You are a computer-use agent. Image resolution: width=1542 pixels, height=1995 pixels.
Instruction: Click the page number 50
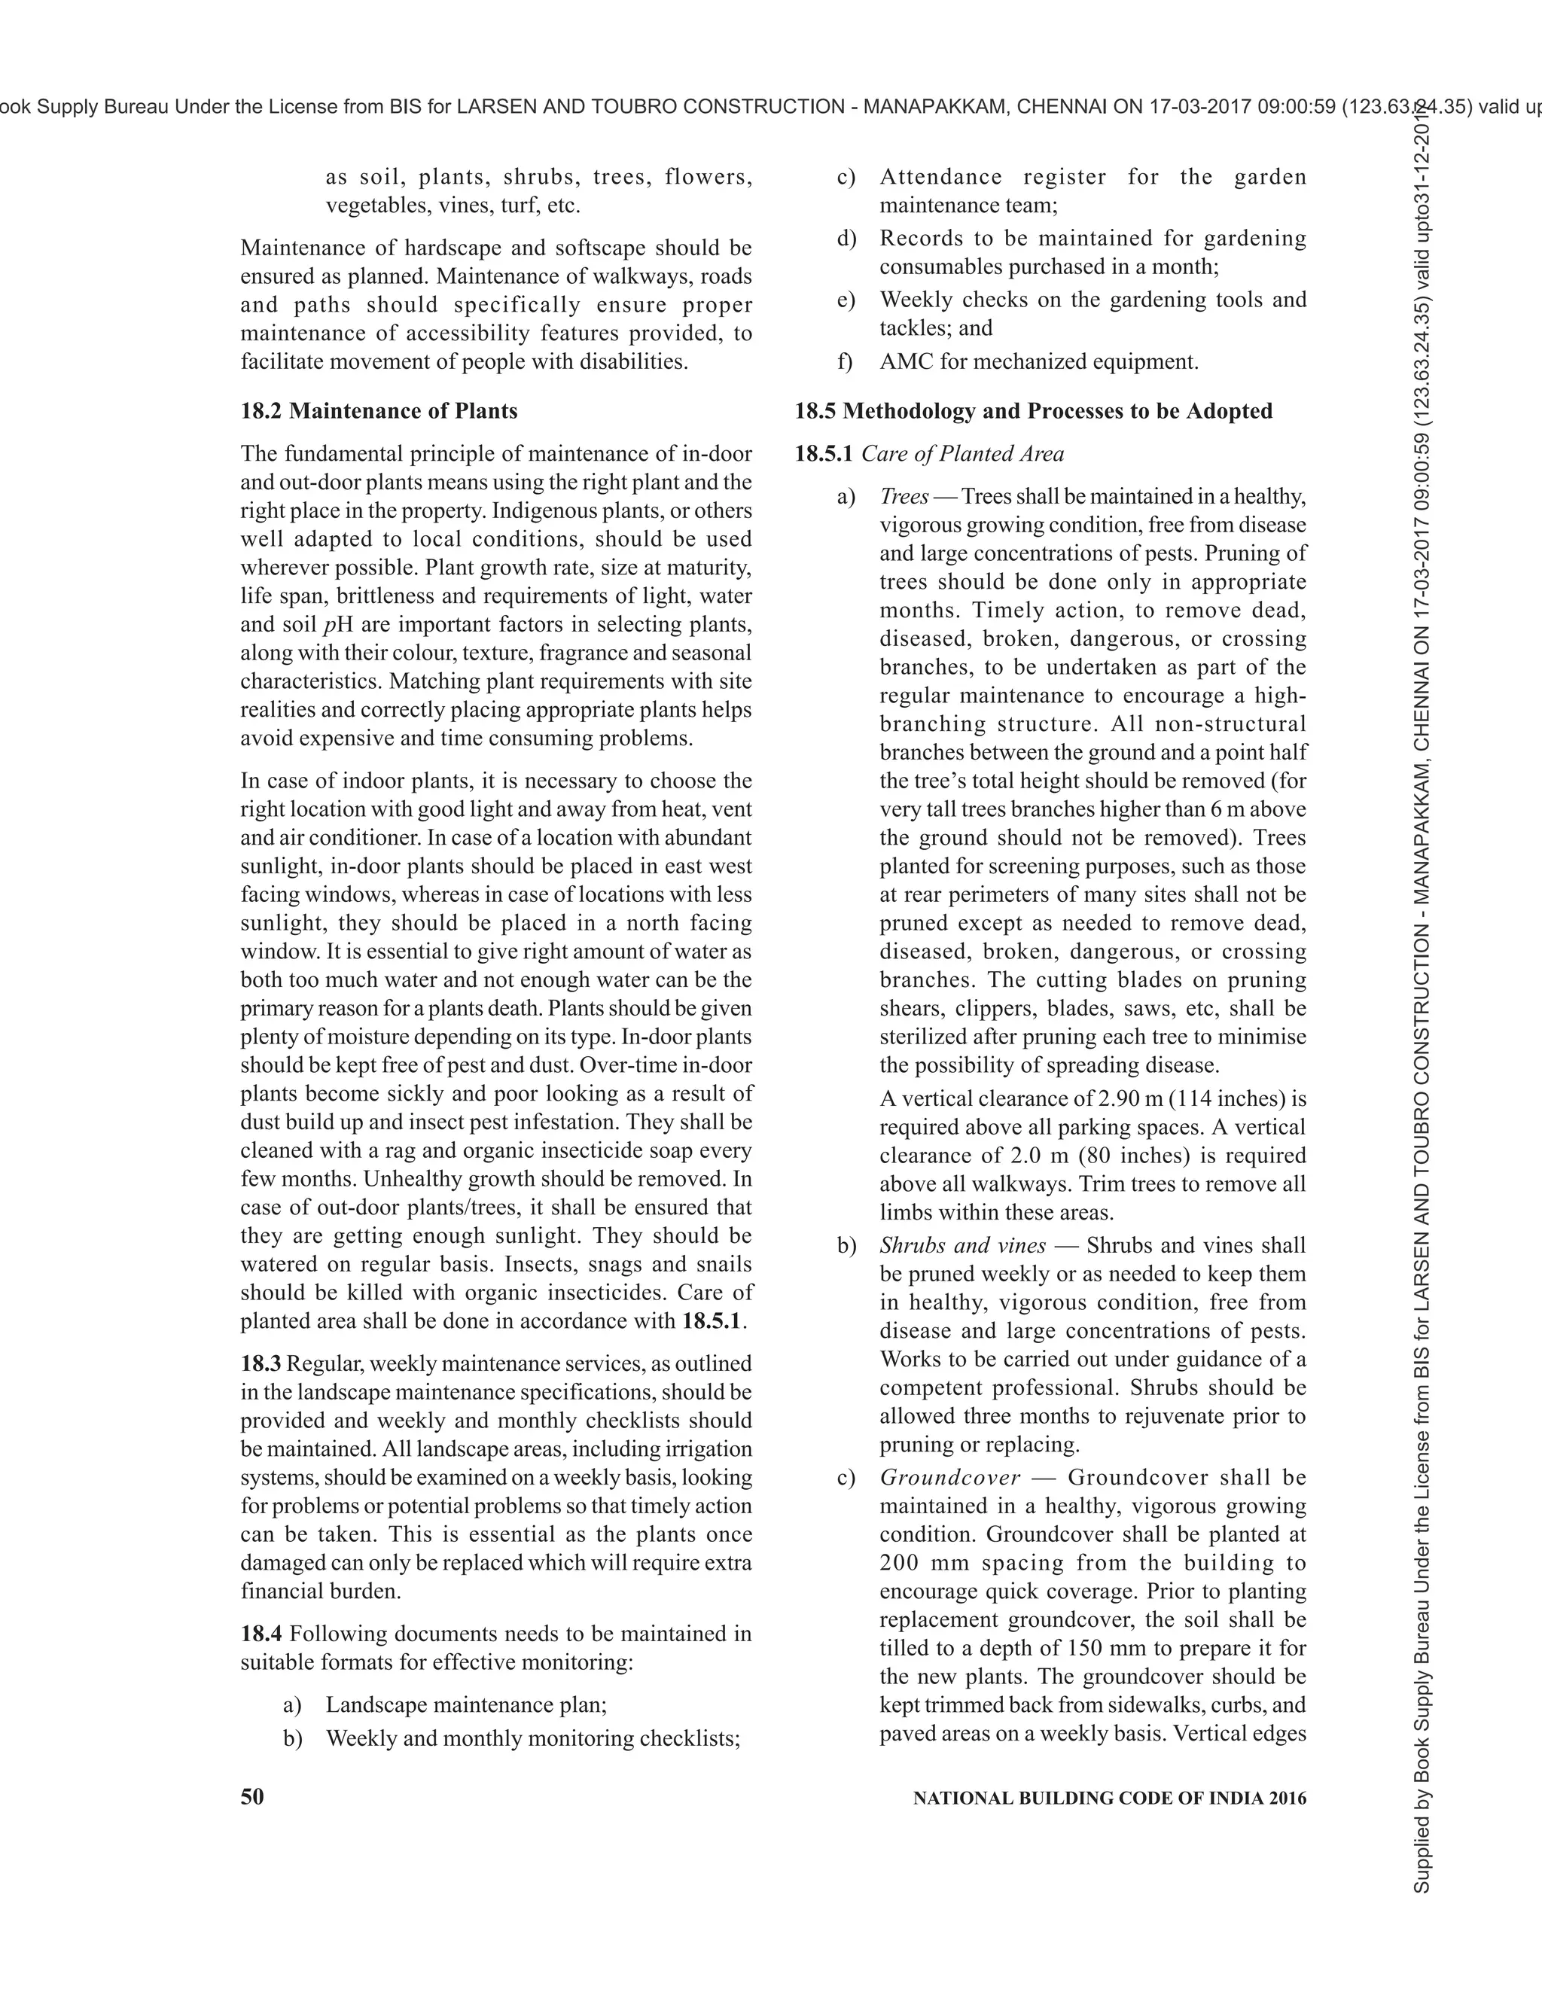click(x=252, y=1797)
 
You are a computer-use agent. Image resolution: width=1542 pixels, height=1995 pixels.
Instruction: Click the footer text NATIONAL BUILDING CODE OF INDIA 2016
click(x=1109, y=1798)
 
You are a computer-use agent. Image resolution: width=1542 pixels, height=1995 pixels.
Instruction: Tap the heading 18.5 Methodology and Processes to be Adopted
click(x=1032, y=411)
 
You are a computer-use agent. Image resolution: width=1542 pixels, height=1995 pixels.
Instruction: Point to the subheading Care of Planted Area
click(x=962, y=454)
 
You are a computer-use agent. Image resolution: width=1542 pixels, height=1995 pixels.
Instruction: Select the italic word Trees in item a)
click(x=904, y=497)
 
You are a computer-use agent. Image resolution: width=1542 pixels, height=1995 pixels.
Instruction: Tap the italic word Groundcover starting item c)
click(x=950, y=1478)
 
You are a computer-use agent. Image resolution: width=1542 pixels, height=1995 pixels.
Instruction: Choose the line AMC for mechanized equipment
click(x=1038, y=361)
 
